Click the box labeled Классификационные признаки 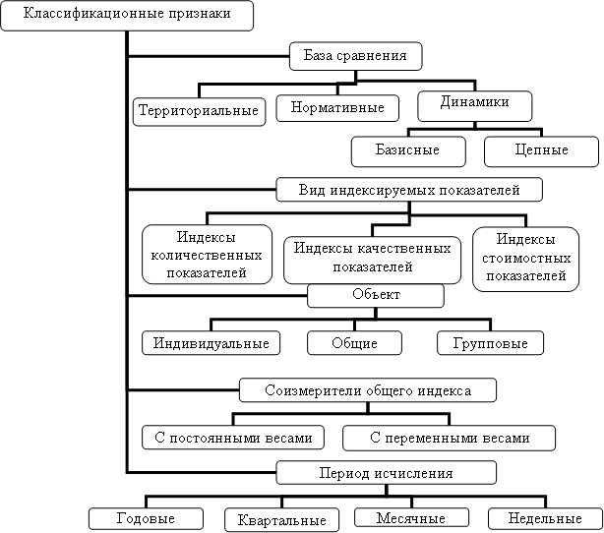127,16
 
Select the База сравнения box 355,56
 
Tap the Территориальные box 199,112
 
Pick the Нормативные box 337,108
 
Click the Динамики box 475,106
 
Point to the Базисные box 408,151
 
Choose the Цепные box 541,151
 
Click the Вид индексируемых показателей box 409,190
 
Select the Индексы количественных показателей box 207,255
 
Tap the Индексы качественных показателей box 372,260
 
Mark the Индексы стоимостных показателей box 526,259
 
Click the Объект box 376,296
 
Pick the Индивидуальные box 211,343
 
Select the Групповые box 490,343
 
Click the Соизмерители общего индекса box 368,390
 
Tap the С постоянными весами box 233,438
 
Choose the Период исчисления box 386,473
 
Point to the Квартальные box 282,520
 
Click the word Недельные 545,518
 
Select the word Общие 354,343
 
